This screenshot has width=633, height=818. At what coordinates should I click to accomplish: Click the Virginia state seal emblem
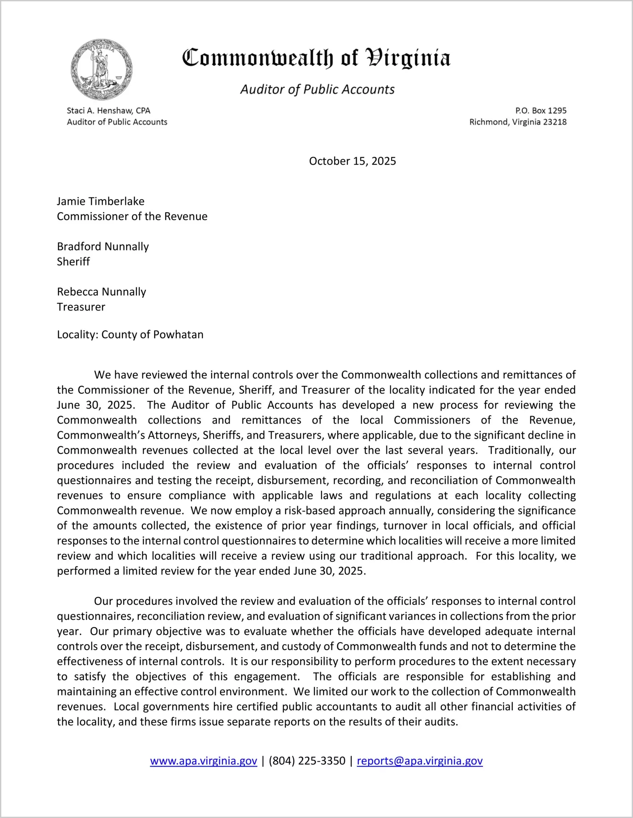(x=101, y=69)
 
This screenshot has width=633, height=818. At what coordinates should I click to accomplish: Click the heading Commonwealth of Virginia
(x=316, y=58)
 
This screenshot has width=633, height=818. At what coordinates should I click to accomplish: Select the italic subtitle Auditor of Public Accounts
(x=317, y=89)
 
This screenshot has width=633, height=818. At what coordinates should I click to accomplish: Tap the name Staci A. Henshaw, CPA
(x=108, y=111)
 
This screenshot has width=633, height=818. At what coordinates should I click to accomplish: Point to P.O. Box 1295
(x=541, y=111)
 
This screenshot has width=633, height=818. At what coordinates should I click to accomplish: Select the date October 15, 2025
(x=352, y=161)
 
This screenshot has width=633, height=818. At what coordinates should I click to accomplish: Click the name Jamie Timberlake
(x=100, y=201)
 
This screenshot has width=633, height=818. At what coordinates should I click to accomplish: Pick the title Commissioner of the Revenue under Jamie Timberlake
(x=132, y=216)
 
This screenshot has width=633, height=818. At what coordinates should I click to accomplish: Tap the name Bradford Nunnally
(x=103, y=247)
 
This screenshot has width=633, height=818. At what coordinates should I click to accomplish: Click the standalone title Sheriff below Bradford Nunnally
(x=73, y=262)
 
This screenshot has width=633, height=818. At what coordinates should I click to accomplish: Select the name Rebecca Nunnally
(x=101, y=292)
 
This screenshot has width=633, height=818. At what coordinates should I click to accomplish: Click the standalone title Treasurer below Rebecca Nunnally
(x=81, y=307)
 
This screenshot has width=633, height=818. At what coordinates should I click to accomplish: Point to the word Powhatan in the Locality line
(x=178, y=335)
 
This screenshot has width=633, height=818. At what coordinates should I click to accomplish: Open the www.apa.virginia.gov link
(x=203, y=761)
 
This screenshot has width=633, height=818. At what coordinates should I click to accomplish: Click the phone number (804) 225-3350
(x=307, y=761)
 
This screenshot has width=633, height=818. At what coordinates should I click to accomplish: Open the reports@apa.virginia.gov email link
(x=419, y=761)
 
